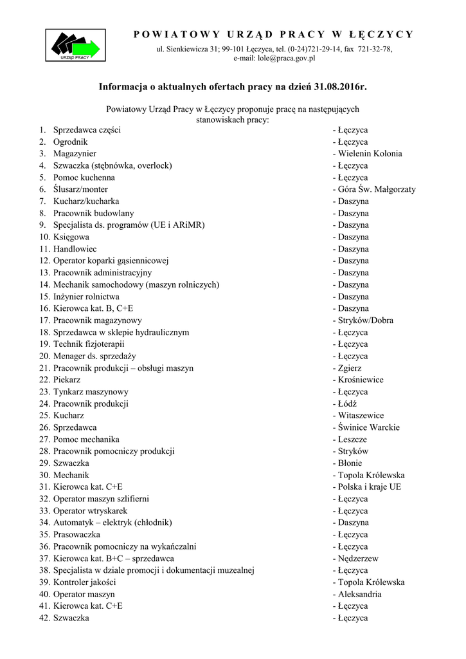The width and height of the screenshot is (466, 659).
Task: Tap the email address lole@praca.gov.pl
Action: tap(286, 58)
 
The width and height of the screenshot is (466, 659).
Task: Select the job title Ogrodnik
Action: tap(70, 142)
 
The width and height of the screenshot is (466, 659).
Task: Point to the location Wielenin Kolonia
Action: tap(370, 154)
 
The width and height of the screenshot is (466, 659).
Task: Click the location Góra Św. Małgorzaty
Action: tap(377, 189)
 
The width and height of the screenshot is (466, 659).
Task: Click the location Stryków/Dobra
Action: tap(366, 320)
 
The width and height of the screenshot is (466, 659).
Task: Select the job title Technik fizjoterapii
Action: tap(88, 344)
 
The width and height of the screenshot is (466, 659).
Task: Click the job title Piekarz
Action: tap(67, 380)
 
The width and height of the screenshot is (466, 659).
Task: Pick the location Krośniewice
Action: tap(361, 380)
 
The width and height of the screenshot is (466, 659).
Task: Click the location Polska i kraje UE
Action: tap(369, 487)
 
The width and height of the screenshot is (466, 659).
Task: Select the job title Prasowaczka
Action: tap(76, 535)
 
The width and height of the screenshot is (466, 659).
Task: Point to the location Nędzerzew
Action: tap(358, 559)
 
